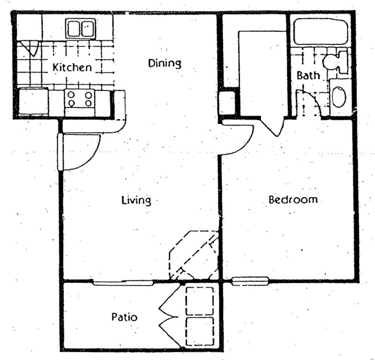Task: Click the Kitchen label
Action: (72, 67)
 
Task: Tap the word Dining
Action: (165, 62)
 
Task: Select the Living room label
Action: (136, 201)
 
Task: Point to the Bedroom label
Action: (293, 199)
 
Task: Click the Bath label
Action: (308, 75)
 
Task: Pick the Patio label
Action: (124, 317)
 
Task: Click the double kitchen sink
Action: (80, 29)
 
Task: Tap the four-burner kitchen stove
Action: (80, 99)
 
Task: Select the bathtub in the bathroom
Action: (321, 31)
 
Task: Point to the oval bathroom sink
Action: (339, 97)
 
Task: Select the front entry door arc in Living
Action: (82, 152)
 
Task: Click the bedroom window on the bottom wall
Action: (250, 281)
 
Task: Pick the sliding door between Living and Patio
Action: (123, 282)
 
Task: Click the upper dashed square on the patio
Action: (200, 300)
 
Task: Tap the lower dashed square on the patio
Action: (200, 331)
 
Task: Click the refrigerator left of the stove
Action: (33, 101)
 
